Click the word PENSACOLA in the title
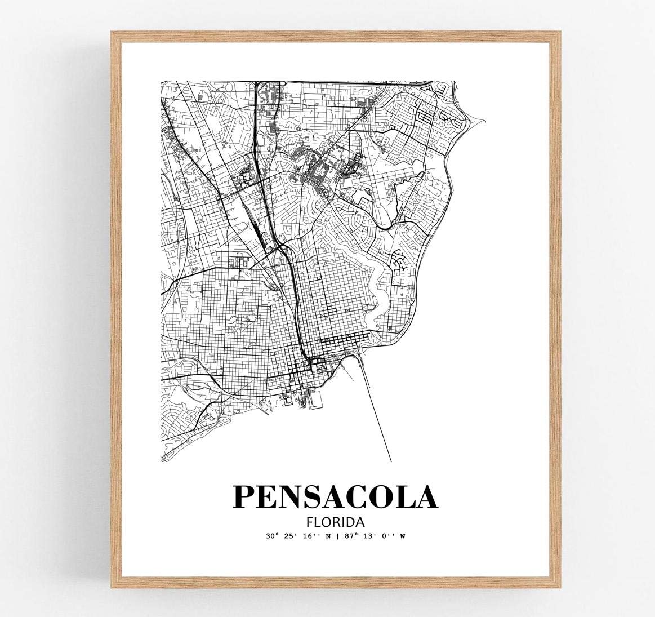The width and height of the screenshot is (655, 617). tap(335, 496)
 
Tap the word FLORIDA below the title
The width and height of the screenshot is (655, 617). tap(335, 522)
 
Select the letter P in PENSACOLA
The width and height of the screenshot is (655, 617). tap(246, 496)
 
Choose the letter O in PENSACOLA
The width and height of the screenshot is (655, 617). tap(373, 496)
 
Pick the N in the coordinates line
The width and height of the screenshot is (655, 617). tap(329, 536)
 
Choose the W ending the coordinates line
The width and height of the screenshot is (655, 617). tap(403, 536)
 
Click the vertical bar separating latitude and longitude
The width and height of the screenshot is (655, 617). tap(338, 536)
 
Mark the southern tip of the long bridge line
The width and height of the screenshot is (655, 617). tap(391, 462)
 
